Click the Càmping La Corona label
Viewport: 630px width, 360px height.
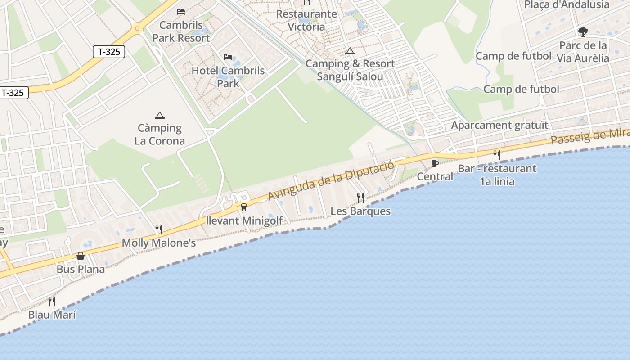click(160, 135)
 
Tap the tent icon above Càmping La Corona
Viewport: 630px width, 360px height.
click(159, 116)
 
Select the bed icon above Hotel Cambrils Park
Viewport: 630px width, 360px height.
click(228, 57)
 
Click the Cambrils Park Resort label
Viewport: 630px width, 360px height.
click(181, 31)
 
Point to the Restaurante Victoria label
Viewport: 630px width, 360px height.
click(306, 20)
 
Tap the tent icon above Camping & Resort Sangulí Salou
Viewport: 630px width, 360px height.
click(350, 51)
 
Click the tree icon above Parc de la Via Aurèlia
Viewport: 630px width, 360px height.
click(583, 32)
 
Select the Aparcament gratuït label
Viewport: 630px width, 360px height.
click(500, 125)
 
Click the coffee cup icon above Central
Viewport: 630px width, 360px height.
click(435, 163)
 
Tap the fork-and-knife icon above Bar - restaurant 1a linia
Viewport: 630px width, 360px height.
click(497, 155)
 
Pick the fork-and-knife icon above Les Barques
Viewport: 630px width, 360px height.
click(360, 198)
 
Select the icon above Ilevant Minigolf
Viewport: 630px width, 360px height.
click(244, 207)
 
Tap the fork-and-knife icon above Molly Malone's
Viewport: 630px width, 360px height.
click(159, 229)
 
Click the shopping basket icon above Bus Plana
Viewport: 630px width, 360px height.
click(81, 256)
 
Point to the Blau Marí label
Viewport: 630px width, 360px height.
click(52, 315)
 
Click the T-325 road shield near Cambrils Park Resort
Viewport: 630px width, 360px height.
click(109, 52)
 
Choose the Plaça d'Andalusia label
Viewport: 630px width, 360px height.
click(567, 5)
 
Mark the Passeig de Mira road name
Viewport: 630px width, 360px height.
click(589, 135)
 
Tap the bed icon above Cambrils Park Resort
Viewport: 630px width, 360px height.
click(181, 11)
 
